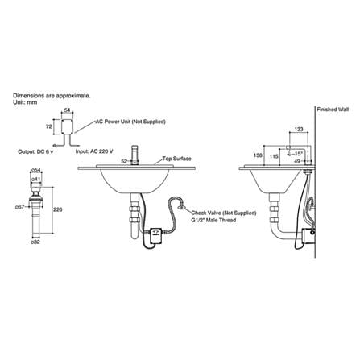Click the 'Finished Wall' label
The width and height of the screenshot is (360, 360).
(x=333, y=110)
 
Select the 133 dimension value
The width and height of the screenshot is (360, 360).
(x=299, y=130)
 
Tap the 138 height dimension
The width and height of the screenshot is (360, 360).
(x=258, y=155)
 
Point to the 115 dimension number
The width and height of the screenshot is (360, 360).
(x=274, y=156)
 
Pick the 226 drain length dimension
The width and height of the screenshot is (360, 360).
(x=58, y=209)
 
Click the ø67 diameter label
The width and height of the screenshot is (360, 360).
(x=20, y=207)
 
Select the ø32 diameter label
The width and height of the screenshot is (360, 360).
(x=35, y=242)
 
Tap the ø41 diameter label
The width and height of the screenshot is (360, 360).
(x=36, y=179)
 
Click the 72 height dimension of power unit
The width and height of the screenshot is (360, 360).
(x=49, y=126)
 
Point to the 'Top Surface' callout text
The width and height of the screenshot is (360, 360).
(x=176, y=159)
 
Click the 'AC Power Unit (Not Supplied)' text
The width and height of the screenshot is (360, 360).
(x=130, y=122)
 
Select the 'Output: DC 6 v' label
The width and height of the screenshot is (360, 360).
(x=35, y=151)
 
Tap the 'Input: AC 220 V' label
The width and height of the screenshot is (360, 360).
(x=94, y=151)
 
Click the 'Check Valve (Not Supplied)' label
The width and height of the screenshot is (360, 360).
(x=224, y=213)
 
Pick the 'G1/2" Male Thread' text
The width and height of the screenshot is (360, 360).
(x=213, y=220)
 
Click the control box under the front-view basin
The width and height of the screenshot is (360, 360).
(x=155, y=235)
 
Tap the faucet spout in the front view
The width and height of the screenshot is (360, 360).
(x=134, y=155)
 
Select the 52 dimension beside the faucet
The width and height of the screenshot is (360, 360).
(x=124, y=161)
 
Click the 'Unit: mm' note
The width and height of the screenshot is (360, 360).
(x=25, y=102)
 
